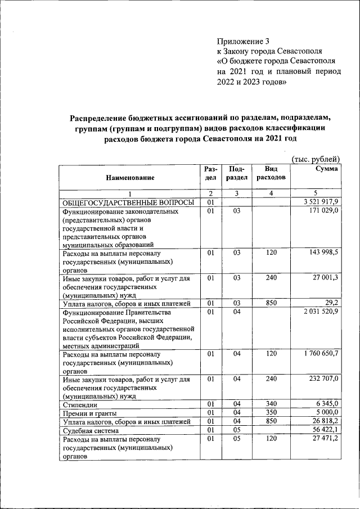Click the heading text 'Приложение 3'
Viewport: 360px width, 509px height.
(x=244, y=41)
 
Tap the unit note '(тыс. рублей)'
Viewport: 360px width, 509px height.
(x=316, y=160)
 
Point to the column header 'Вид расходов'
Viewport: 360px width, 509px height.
(x=271, y=173)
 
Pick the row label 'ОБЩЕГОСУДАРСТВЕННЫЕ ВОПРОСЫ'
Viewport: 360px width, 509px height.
(x=128, y=202)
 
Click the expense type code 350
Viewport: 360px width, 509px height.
(x=271, y=413)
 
